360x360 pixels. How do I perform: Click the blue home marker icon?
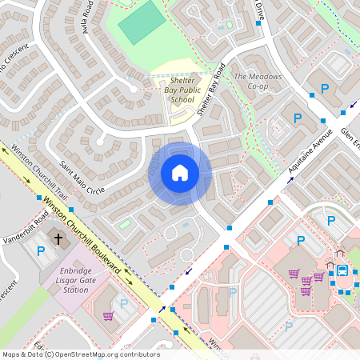(x=179, y=173)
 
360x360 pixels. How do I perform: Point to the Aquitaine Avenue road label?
(x=310, y=150)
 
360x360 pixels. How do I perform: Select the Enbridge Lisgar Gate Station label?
(x=73, y=280)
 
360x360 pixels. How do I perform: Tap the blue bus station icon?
(x=341, y=270)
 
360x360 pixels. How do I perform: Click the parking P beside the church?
(x=41, y=251)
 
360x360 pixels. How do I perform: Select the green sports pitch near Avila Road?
(x=140, y=22)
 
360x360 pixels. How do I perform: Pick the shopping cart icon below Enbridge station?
(x=108, y=316)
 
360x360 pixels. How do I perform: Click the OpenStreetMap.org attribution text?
(x=107, y=354)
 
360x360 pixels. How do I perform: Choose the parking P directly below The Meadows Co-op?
(x=298, y=118)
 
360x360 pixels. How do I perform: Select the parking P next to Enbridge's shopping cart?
(x=124, y=303)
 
